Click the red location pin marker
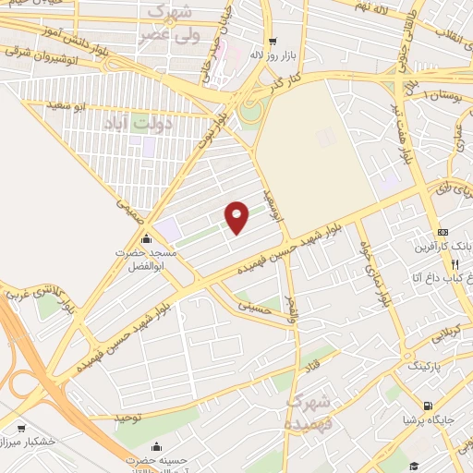[237, 217]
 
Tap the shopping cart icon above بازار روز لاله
[272, 41]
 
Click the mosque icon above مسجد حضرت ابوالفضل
[145, 240]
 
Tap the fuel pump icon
[426, 406]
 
